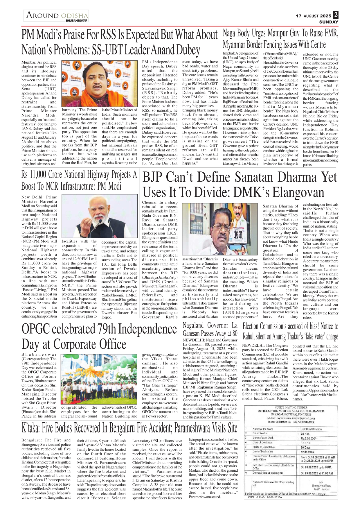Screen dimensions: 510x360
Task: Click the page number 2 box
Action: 336,15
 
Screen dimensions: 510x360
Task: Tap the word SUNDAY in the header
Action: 329,22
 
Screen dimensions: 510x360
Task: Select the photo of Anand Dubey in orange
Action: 99,83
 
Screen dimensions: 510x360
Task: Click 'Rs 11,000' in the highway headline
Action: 34,175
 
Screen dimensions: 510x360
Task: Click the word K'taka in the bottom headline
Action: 31,428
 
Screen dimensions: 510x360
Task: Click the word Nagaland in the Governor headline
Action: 193,325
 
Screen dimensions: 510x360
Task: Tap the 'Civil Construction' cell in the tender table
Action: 312,429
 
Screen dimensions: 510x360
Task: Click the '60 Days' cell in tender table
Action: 306,448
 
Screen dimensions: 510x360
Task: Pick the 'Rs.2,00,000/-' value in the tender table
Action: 309,438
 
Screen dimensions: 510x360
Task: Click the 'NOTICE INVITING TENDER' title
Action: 291,407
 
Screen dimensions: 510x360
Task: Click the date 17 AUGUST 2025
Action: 313,16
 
